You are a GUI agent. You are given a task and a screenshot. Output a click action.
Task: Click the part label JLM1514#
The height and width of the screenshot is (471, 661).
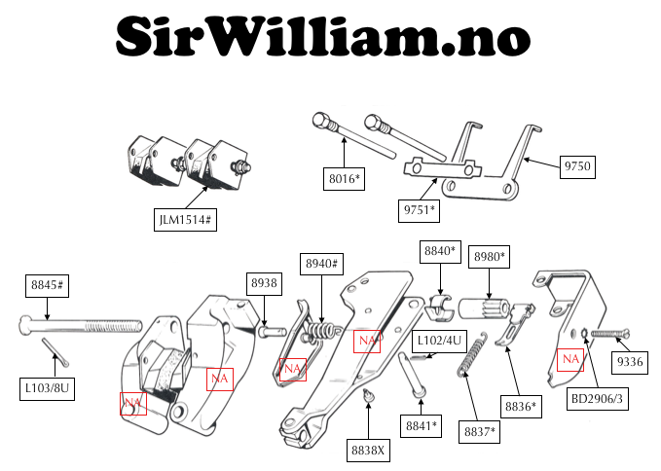coord(185,220)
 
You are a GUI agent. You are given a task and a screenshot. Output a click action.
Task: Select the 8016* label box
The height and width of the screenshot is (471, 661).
coord(344,179)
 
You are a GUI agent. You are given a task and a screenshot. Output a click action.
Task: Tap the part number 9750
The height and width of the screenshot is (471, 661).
coord(577,166)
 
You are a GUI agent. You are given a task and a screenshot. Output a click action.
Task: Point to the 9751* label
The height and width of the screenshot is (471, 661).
coord(419,210)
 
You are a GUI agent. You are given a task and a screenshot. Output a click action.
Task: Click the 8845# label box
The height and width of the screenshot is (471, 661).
coord(47,285)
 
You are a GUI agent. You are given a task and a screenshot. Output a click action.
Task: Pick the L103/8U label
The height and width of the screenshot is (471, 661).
coord(47,388)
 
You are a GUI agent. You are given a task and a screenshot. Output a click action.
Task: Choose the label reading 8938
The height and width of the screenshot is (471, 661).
coord(265,283)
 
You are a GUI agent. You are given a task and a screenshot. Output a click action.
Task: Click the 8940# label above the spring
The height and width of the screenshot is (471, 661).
coord(321,264)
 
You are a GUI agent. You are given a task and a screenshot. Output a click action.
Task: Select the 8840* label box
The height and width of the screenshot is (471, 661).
coord(440,251)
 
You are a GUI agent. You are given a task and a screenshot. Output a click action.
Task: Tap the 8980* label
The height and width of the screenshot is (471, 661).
coord(489,257)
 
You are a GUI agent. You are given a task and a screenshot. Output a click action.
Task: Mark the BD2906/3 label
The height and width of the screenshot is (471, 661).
coord(597,399)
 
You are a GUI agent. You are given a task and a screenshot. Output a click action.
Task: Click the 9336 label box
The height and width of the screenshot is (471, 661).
coord(630,362)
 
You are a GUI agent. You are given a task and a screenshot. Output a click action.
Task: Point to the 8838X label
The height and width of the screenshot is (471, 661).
coord(368,451)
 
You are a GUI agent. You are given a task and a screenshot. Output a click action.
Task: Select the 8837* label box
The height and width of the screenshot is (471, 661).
coord(479,432)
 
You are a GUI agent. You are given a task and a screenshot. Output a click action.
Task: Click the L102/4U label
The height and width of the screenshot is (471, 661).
coord(439,341)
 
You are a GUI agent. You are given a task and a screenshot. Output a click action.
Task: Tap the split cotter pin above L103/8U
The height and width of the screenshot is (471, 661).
coord(55,352)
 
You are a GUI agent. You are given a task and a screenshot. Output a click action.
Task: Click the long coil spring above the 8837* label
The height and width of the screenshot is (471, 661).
coord(472,354)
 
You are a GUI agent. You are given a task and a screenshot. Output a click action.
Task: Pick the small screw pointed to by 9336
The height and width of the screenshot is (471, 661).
coord(610,334)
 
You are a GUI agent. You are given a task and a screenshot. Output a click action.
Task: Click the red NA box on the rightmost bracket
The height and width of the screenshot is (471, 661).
coord(570,360)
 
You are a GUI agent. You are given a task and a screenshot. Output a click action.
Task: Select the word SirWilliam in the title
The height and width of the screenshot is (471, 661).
coord(275,37)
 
